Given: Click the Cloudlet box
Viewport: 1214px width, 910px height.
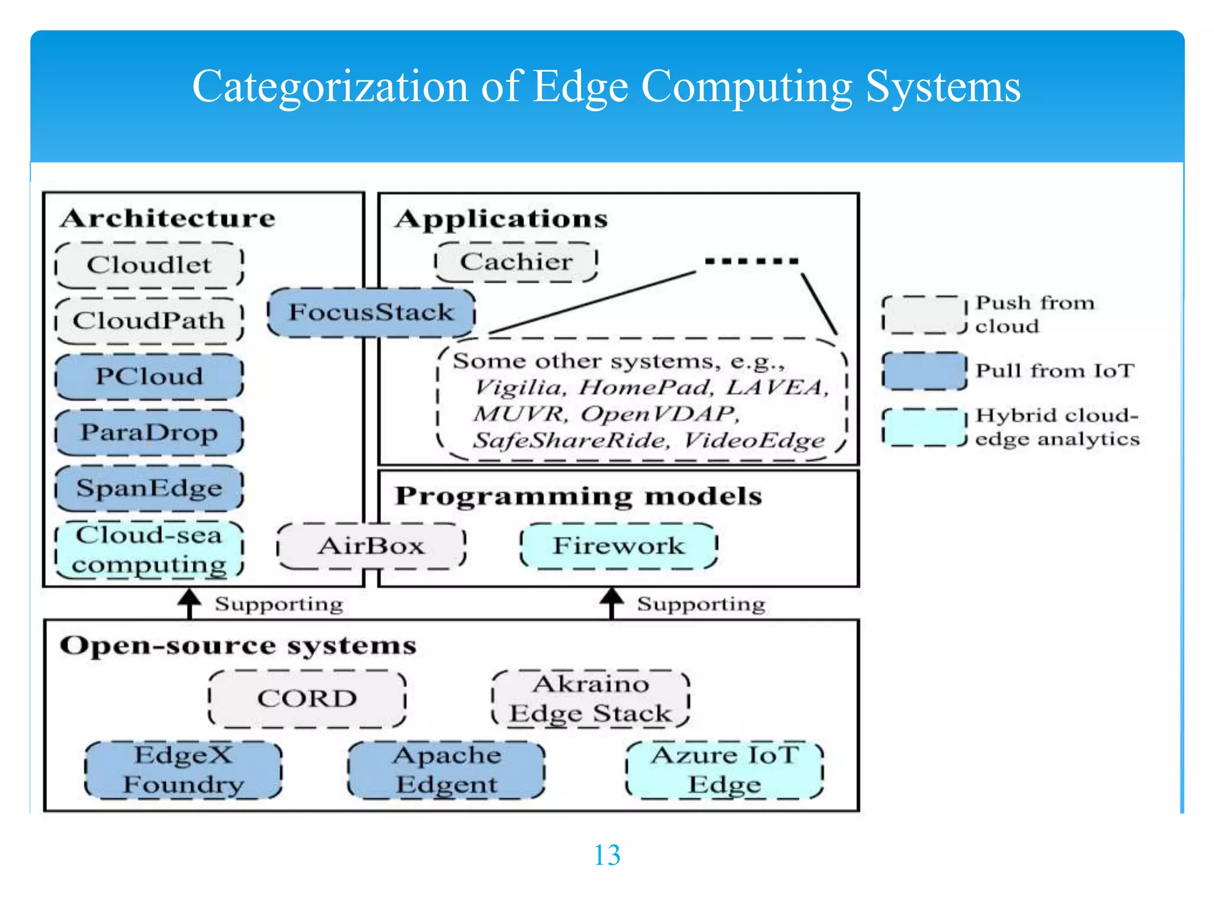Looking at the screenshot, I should tap(149, 265).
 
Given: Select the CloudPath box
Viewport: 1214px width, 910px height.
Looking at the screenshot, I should tap(149, 321).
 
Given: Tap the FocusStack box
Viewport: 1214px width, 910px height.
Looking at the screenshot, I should tap(371, 312).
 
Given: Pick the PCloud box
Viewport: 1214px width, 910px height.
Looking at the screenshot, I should tap(149, 376).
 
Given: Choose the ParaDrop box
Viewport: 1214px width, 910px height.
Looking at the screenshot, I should tap(149, 432).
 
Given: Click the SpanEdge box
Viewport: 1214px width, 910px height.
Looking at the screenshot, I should tap(149, 488).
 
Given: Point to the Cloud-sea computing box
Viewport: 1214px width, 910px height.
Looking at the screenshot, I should tap(149, 549).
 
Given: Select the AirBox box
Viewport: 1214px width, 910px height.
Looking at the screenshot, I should tap(371, 546).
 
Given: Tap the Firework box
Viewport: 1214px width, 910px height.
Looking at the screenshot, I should tap(618, 546).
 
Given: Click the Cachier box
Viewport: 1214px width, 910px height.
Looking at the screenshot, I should tap(516, 261).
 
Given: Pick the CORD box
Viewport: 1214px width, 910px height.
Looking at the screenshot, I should tap(307, 698).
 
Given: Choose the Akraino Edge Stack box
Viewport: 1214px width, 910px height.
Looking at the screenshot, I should tap(590, 698).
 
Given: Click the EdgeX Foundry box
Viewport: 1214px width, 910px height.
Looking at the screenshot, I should tap(183, 770).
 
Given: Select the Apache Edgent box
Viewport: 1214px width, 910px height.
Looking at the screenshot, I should tap(446, 770).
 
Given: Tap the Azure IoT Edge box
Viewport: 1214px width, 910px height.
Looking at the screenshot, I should tap(724, 770).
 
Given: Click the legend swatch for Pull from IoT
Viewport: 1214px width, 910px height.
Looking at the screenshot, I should tap(924, 371).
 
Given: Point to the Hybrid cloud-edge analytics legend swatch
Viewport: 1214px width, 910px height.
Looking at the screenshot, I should tap(924, 427).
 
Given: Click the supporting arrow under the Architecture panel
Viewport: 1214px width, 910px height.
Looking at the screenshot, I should tap(190, 603).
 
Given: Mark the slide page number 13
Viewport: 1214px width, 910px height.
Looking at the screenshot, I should tap(606, 855).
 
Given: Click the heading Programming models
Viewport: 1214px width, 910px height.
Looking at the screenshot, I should tap(578, 496).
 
